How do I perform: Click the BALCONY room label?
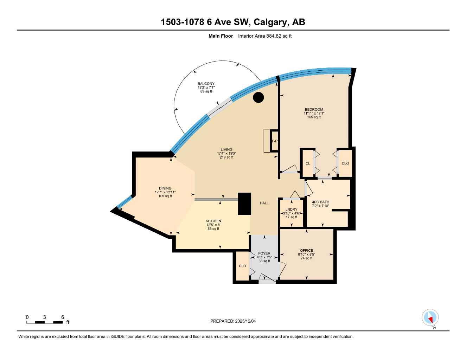pos(206,84)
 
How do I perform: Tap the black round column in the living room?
pos(258,97)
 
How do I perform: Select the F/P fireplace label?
pos(274,141)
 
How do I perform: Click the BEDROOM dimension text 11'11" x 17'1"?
pos(314,113)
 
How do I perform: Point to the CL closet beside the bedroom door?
pos(308,163)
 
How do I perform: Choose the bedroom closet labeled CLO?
pos(345,163)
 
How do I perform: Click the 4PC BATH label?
pos(320,202)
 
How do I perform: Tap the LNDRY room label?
pos(291,210)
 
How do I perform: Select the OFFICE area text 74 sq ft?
pos(306,258)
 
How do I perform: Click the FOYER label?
pos(264,253)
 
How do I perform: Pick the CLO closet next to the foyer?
pos(242,266)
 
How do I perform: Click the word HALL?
pos(264,203)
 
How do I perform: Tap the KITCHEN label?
pos(213,221)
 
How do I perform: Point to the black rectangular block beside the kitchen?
pos(244,204)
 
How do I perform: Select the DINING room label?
pos(165,188)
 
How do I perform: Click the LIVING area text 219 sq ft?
pos(226,157)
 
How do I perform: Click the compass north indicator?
pos(430,318)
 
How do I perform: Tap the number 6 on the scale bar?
pos(63,317)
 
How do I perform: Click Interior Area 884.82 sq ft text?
pos(265,36)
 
